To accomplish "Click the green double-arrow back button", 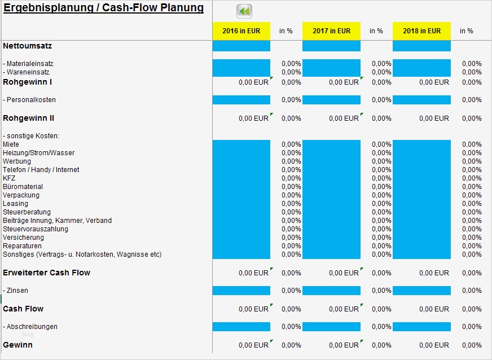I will [x=244, y=11].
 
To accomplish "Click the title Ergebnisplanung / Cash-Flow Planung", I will [x=103, y=8].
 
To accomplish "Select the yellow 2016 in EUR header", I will [x=241, y=31].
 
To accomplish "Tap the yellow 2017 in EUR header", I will [x=331, y=31].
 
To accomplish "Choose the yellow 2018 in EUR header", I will [x=421, y=31].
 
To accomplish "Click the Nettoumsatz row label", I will [x=27, y=46].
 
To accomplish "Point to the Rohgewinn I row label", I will [x=28, y=82].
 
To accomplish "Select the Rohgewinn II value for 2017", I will [x=343, y=118].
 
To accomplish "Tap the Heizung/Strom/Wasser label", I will [x=38, y=153].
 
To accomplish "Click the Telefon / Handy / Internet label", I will [x=41, y=170].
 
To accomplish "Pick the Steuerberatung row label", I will [x=27, y=212].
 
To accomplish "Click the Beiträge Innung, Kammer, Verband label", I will [x=57, y=221].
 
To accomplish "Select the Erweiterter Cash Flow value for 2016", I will [x=253, y=273].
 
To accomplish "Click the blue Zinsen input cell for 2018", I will [x=421, y=291].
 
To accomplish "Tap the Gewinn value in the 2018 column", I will [x=433, y=345].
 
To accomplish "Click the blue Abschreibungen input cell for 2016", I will [x=241, y=327].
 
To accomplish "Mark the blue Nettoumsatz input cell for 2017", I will [x=331, y=46].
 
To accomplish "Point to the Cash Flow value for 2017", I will [x=343, y=309].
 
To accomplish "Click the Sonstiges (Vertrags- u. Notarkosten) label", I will [x=82, y=254].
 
